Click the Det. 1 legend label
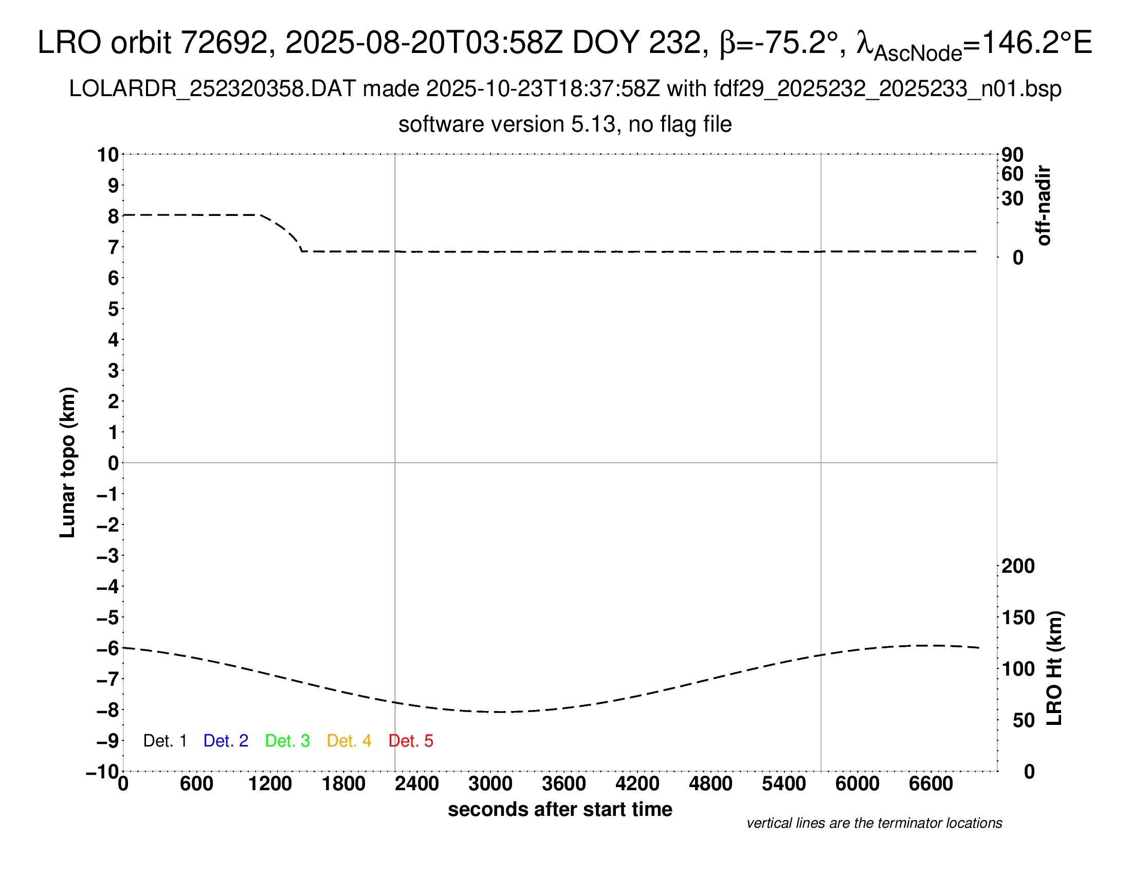(165, 741)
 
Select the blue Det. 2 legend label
(226, 741)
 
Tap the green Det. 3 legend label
(287, 741)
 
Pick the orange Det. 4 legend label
(349, 741)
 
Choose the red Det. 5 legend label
(411, 741)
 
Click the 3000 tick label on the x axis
(490, 784)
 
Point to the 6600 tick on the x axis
(931, 784)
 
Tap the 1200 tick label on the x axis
(270, 784)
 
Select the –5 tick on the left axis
(108, 617)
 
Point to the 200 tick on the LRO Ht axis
(1018, 566)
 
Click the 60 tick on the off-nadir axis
(1012, 174)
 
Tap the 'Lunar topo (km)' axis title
(68, 462)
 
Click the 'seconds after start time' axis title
(560, 809)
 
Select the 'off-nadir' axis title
(1044, 206)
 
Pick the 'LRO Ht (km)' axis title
(1054, 668)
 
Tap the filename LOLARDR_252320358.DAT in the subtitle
(212, 89)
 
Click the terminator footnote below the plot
(874, 823)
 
